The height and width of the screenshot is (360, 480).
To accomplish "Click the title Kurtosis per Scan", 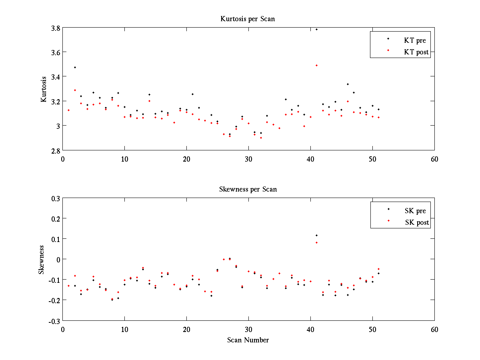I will [x=248, y=19].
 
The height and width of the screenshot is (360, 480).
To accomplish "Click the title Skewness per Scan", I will [x=248, y=189].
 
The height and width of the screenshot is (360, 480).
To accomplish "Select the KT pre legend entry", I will [x=414, y=40].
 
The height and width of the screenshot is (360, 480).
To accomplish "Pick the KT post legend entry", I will [x=416, y=52].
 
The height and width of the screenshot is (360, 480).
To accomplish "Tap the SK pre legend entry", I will [x=415, y=211].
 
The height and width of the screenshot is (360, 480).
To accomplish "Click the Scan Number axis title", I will [x=248, y=340].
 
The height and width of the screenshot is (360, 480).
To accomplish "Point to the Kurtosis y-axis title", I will [x=44, y=89].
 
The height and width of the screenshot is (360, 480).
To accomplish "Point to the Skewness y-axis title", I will [x=42, y=260].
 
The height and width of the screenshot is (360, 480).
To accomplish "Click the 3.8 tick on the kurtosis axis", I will [x=55, y=28].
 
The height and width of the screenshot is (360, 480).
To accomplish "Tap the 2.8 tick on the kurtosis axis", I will [x=55, y=150].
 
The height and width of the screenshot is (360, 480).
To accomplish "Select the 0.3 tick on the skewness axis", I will [x=55, y=198].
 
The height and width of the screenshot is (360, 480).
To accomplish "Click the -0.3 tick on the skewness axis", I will [x=54, y=321].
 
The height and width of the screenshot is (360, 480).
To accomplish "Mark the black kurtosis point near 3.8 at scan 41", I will [x=316, y=29].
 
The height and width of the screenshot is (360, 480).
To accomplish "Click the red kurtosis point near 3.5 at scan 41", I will [x=316, y=65].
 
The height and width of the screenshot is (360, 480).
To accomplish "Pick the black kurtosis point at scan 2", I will [x=75, y=67].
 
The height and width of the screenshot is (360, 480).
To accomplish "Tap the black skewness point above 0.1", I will [x=316, y=235].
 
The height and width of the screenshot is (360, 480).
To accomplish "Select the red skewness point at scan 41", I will [x=316, y=242].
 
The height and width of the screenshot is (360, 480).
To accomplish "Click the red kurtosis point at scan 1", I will [x=68, y=110].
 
